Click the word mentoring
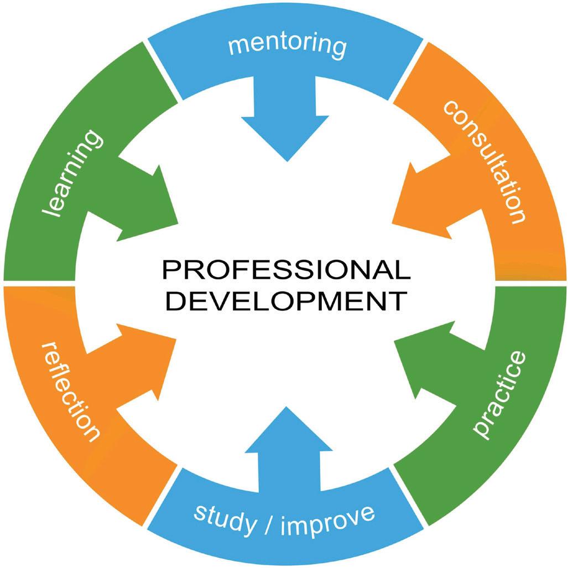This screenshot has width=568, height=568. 287,45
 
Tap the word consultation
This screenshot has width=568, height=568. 484,160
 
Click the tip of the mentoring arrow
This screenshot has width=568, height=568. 286,160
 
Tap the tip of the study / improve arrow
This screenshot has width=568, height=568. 286,407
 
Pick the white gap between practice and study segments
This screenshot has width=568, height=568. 410,495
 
